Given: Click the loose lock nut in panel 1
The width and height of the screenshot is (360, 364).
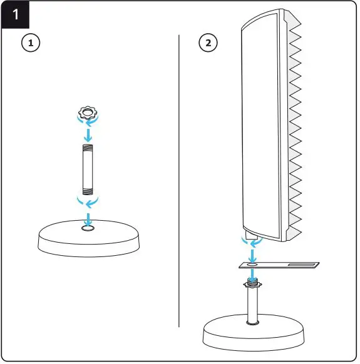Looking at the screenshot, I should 89,114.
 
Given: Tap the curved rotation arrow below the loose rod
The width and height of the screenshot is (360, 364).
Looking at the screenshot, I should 88,203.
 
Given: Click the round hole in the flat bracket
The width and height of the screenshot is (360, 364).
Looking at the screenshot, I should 252,265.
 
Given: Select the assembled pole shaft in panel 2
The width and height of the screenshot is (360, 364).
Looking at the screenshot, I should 252,306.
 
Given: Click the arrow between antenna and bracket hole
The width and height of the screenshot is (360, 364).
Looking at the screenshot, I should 252,254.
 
